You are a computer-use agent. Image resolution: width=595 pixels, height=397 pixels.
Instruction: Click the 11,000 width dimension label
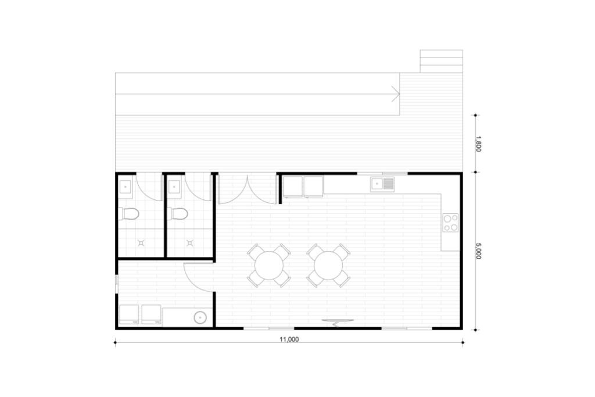point(289,339)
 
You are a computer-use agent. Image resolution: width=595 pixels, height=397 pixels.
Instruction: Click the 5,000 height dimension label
point(478,251)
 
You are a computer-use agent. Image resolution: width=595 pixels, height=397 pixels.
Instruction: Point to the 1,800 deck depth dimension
point(478,144)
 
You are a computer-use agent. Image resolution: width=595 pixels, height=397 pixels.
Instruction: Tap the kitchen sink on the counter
point(382,184)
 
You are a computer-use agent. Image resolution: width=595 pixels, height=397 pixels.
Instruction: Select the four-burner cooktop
point(450,223)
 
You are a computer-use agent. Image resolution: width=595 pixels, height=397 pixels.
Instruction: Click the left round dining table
point(269,265)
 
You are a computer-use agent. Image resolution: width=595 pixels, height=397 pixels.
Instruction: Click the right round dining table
point(329,265)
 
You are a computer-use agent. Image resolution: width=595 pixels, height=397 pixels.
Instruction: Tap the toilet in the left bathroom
point(128,214)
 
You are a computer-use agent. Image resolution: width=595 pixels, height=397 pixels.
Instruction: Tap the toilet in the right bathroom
point(178,214)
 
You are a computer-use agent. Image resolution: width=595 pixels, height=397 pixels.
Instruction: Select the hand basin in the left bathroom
point(126,187)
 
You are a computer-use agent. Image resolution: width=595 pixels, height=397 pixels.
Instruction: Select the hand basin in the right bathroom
point(174,187)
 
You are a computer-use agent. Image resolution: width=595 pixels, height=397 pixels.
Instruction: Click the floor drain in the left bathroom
point(141,243)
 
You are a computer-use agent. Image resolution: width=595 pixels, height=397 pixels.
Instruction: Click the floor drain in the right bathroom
point(190,243)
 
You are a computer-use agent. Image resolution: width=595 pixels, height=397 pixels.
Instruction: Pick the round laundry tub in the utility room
point(200,317)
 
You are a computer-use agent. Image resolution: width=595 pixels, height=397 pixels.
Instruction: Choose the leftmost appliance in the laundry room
point(130,314)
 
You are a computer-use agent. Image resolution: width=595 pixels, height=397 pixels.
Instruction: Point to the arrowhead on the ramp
point(396,94)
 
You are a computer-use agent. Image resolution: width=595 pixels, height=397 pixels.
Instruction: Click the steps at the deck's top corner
point(442,61)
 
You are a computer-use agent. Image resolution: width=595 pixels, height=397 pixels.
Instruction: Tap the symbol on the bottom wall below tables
point(338,323)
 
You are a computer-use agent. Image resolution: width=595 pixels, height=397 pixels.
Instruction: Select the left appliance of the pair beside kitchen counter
point(293,187)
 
